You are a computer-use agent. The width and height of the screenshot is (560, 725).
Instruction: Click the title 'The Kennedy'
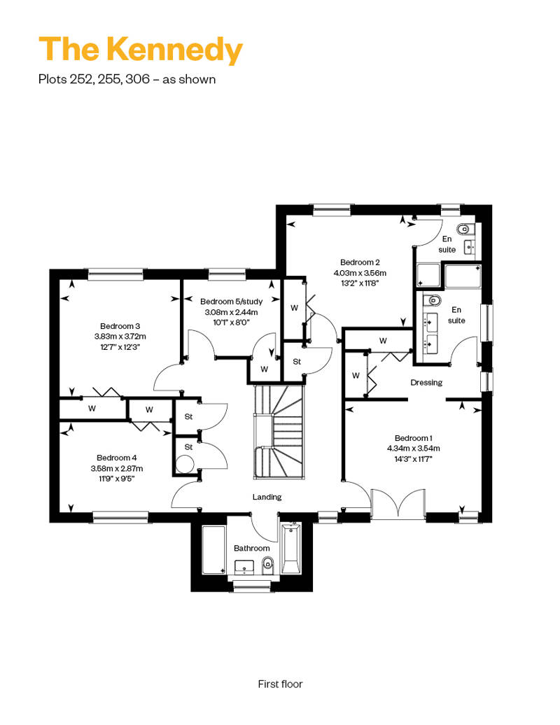click(141, 50)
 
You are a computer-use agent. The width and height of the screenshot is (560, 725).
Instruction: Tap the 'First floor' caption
click(280, 684)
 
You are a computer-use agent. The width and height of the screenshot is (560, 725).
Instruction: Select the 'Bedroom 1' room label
click(414, 438)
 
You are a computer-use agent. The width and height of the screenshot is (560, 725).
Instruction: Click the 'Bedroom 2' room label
click(360, 262)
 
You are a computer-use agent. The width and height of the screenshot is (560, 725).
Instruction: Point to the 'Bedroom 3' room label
click(120, 326)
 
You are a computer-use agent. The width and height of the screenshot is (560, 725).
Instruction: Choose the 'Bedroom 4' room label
click(116, 458)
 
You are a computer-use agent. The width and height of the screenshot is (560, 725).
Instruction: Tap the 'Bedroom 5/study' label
click(231, 302)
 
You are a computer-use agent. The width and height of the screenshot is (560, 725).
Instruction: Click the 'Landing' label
click(267, 497)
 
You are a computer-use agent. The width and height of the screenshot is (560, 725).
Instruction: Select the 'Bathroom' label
click(251, 548)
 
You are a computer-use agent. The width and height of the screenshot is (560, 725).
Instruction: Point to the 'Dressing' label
click(426, 382)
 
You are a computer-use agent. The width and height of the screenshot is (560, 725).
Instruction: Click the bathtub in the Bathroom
click(291, 549)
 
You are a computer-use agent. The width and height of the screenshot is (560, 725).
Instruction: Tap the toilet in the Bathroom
click(267, 565)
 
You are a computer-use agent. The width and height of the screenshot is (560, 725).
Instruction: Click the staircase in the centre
click(279, 432)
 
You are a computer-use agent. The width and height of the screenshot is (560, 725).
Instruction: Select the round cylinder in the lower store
click(185, 464)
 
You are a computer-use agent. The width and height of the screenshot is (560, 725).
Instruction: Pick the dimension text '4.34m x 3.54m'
click(414, 448)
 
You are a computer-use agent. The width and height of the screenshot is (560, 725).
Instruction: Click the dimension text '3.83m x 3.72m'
click(120, 337)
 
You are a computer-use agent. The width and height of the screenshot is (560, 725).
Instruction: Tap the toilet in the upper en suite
click(463, 229)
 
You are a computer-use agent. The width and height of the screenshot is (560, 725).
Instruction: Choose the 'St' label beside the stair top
click(297, 362)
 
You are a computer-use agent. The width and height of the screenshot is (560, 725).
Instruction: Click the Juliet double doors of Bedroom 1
click(398, 503)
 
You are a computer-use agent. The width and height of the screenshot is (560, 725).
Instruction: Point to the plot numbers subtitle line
click(127, 80)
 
